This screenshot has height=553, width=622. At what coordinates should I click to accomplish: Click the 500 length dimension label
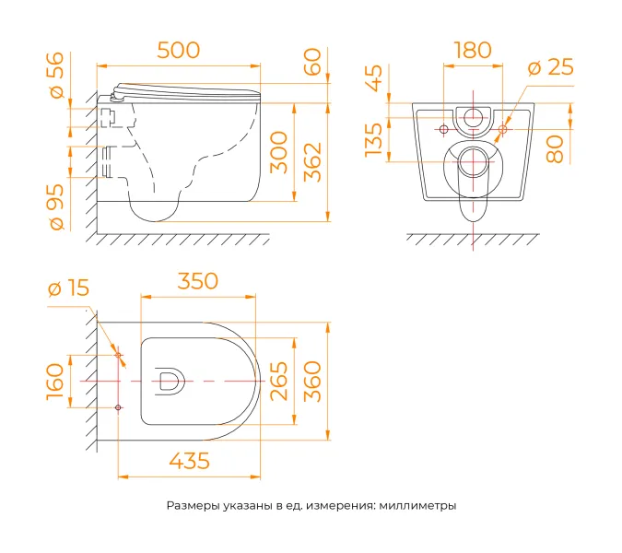[x=179, y=51]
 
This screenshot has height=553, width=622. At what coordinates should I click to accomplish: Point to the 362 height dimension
[x=312, y=162]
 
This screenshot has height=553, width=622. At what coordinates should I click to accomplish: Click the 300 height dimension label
[x=278, y=153]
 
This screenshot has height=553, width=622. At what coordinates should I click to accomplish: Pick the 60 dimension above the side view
[x=312, y=62]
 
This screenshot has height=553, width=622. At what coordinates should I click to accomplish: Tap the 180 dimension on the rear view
[x=473, y=51]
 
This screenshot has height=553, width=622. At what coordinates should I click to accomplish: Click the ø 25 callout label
[x=551, y=67]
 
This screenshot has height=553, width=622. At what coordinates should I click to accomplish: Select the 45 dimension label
[x=374, y=78]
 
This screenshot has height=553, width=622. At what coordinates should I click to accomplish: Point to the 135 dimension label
[x=374, y=140]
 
